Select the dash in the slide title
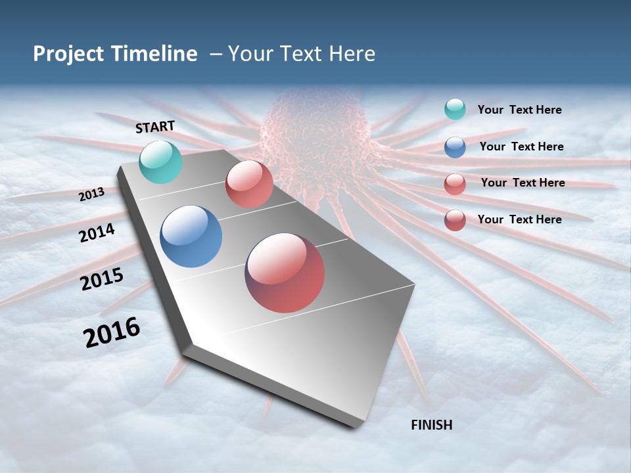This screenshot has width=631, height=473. click(x=216, y=54)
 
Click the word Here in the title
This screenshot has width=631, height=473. click(x=352, y=54)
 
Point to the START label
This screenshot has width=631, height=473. click(x=155, y=127)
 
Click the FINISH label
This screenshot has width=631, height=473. click(x=431, y=425)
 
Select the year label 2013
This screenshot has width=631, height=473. click(x=91, y=194)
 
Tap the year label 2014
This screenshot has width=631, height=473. click(x=97, y=233)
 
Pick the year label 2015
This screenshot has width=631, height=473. click(x=102, y=279)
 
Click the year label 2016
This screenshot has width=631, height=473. click(x=112, y=332)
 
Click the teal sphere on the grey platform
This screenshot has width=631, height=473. click(x=160, y=162)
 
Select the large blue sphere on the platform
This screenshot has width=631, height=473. click(x=191, y=236)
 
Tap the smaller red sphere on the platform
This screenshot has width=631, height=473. click(x=249, y=184)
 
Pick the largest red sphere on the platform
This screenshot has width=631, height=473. click(x=285, y=272)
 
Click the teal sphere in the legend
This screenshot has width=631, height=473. click(x=455, y=109)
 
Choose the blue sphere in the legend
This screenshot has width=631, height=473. click(x=455, y=146)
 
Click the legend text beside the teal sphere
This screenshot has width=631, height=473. click(x=519, y=110)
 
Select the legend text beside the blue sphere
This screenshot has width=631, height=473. click(x=521, y=146)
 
